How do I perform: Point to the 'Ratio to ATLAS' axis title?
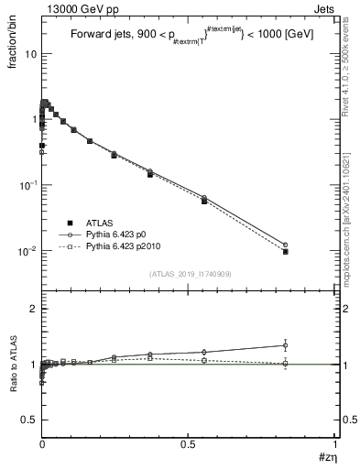[13, 365]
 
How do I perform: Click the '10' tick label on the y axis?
[31, 53]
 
